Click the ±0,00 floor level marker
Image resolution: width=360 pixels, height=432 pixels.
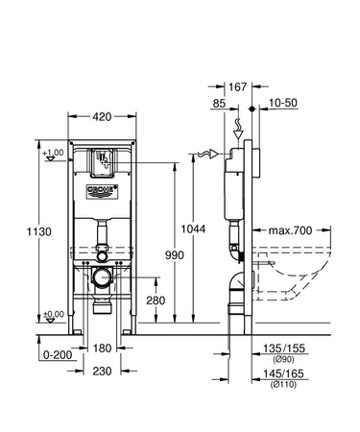(56, 314)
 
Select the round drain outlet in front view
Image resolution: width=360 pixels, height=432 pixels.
(102, 280)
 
